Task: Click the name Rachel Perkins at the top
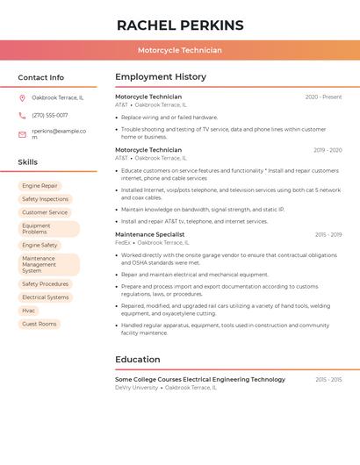click(180, 25)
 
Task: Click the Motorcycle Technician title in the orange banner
click(180, 51)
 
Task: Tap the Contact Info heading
click(41, 77)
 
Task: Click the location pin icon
click(22, 98)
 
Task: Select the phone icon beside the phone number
click(22, 115)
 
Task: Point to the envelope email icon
click(22, 134)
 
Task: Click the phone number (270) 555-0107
click(50, 115)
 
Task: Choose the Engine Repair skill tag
click(40, 186)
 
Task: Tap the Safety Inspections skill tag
click(45, 199)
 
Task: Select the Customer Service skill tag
click(45, 212)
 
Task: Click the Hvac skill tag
click(29, 311)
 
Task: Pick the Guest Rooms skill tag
click(40, 324)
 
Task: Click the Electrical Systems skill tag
click(46, 297)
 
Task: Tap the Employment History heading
click(161, 76)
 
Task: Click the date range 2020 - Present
click(323, 97)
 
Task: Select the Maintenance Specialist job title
click(150, 234)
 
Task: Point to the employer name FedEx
click(122, 242)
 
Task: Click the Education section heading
click(138, 359)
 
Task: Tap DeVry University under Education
click(136, 387)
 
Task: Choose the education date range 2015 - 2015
click(328, 380)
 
